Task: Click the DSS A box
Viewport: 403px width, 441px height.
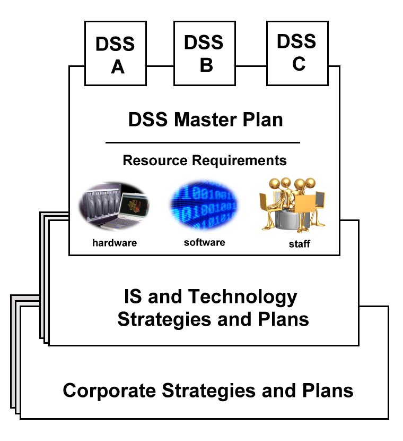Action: [x=116, y=54]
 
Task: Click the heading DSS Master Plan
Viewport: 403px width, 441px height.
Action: [x=205, y=120]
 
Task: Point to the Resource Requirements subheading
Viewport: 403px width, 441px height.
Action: [x=205, y=160]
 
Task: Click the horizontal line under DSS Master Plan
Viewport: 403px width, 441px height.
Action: [x=203, y=142]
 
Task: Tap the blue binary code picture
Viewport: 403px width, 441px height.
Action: [x=204, y=205]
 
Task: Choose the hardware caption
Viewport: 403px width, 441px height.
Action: [x=115, y=243]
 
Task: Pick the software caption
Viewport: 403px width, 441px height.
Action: [x=204, y=242]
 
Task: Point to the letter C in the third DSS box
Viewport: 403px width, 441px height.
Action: [x=299, y=63]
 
